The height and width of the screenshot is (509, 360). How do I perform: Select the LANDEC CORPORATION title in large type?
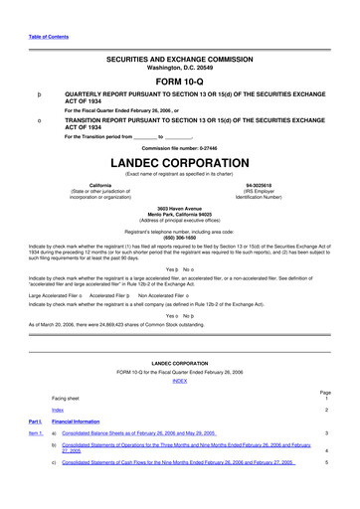click(x=179, y=160)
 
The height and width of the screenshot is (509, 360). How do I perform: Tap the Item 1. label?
click(x=35, y=434)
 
